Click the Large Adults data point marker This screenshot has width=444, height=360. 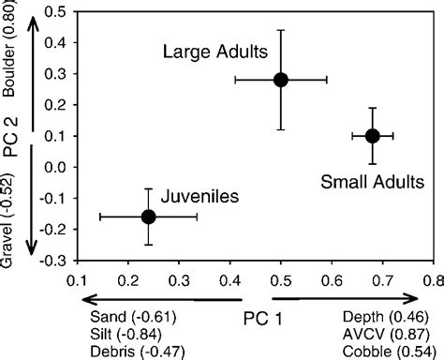click(281, 80)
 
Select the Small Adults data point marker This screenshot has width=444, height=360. click(372, 136)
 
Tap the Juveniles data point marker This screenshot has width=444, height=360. click(148, 217)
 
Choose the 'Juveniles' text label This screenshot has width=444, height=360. click(200, 197)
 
